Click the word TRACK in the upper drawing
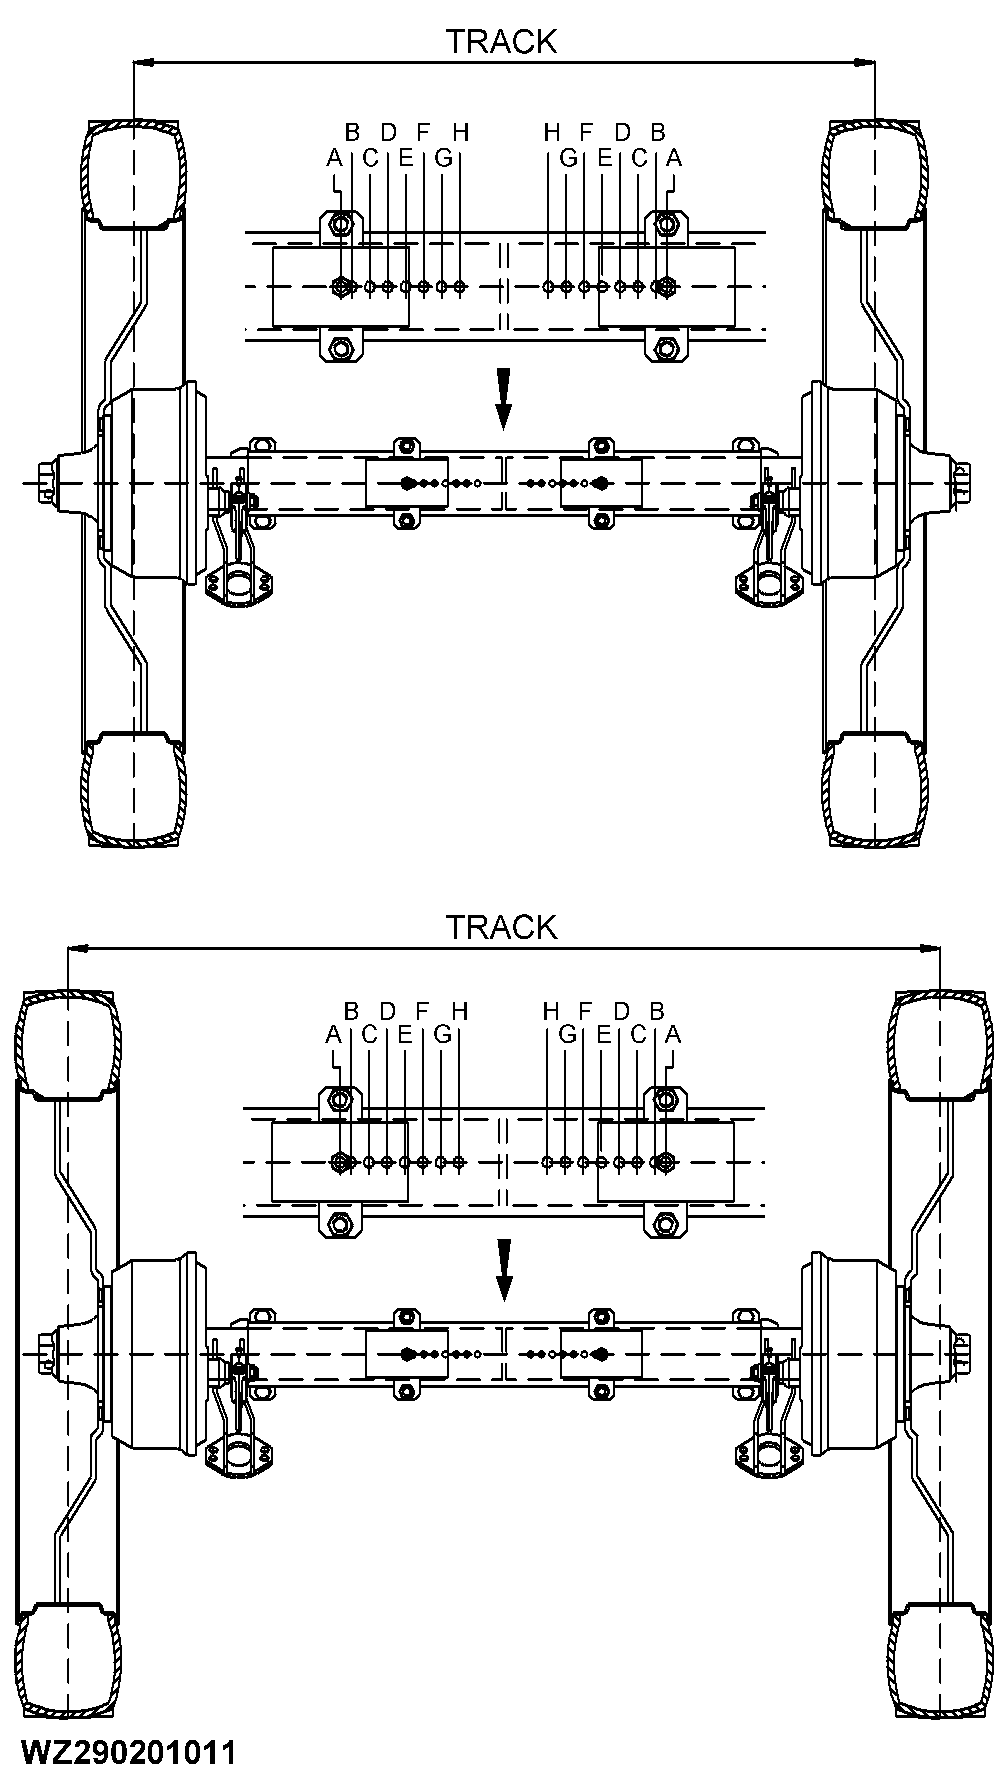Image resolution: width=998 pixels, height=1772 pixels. (500, 41)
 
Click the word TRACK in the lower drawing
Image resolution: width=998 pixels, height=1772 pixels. (500, 927)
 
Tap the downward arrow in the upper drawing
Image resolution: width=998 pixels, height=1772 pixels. (504, 399)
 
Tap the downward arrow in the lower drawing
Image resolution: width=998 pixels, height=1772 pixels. (504, 1271)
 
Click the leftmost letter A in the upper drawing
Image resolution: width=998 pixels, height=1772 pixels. (334, 157)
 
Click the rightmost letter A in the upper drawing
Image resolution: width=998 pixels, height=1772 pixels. (674, 157)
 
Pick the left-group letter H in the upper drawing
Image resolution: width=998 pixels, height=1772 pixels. (460, 131)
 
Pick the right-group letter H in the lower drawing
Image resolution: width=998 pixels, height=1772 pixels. (550, 1010)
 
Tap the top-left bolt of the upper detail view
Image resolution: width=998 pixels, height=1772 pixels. (339, 224)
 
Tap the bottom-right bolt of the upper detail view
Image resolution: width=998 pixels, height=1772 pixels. (664, 349)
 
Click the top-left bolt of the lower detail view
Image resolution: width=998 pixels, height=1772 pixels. (339, 1099)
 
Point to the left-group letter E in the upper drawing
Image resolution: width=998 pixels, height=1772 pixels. (405, 157)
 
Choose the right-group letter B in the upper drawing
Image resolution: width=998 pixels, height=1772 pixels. (657, 131)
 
